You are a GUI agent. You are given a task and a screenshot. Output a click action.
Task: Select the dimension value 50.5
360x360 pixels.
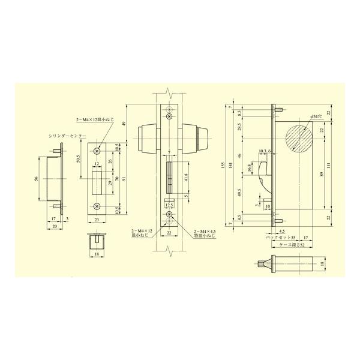click(79, 160)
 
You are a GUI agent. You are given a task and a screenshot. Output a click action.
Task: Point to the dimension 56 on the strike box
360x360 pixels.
click(35, 179)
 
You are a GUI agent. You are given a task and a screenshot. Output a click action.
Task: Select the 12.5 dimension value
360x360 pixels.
click(169, 204)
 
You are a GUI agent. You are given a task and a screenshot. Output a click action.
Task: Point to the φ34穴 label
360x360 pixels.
click(317, 115)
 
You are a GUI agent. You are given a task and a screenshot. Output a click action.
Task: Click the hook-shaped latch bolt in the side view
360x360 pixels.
click(265, 173)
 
